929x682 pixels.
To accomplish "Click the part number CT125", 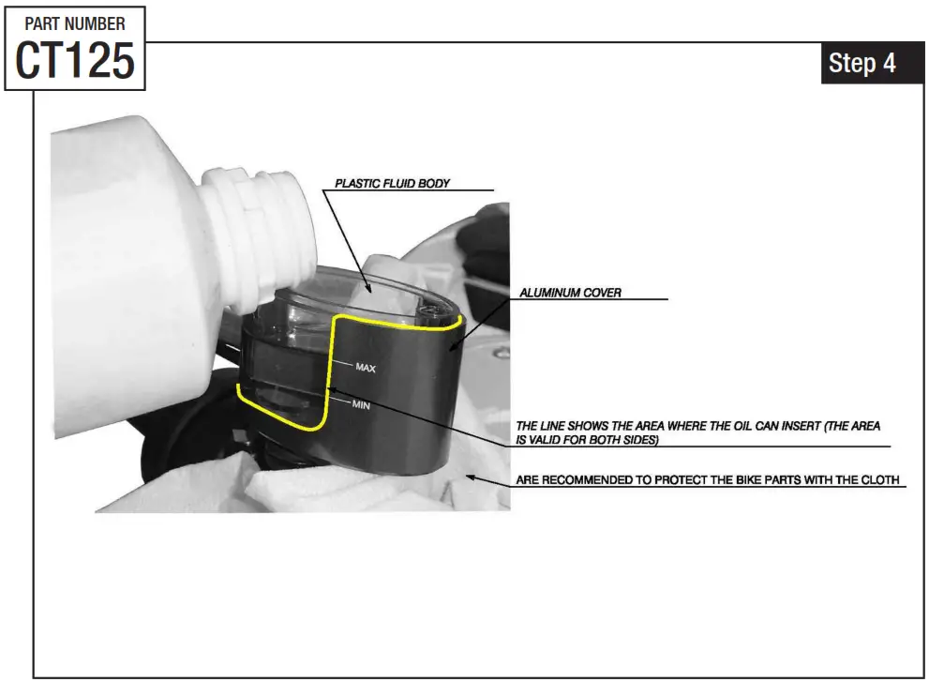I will [x=75, y=61].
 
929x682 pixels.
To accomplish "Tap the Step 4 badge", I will [x=862, y=63].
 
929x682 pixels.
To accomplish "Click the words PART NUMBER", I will [x=75, y=23].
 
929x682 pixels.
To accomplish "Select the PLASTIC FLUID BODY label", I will [x=393, y=184].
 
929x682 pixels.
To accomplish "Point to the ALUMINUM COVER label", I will [x=571, y=293].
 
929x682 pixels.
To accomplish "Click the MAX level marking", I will [x=366, y=369].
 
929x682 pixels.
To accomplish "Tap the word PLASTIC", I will [x=355, y=184].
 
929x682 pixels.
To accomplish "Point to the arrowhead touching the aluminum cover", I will [x=453, y=349].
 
